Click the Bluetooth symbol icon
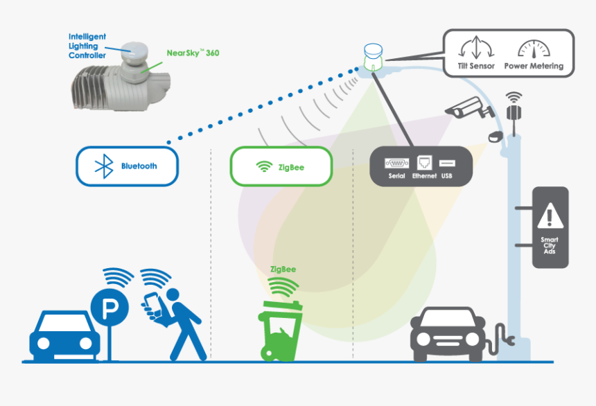click(x=105, y=166)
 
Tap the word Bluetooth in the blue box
click(x=139, y=166)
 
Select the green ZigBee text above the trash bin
click(x=284, y=269)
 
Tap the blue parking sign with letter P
click(x=109, y=308)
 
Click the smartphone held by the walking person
click(x=151, y=303)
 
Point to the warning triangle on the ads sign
click(x=550, y=217)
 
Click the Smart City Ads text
click(x=550, y=247)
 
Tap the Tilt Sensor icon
click(x=475, y=49)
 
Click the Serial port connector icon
click(x=396, y=164)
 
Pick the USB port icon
click(x=446, y=164)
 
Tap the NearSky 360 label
click(x=193, y=53)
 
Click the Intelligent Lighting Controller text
click(x=87, y=45)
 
